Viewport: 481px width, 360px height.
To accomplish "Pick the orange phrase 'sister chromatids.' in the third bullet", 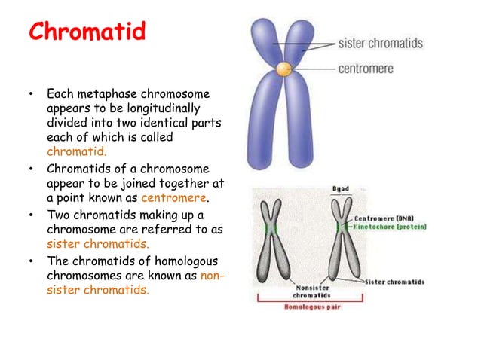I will (97, 244).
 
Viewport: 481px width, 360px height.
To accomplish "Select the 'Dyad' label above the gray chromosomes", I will (340, 188).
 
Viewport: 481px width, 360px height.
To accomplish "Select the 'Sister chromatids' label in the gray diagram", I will (394, 282).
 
